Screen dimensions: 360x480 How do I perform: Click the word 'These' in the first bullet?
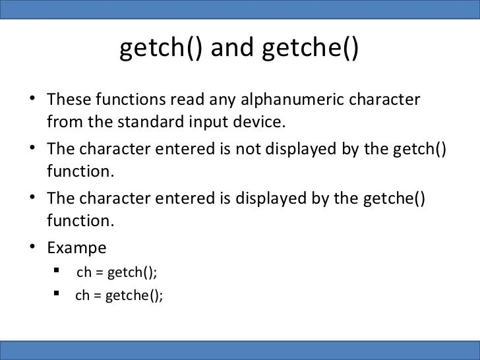pos(69,100)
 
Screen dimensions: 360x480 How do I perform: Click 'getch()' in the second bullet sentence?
pos(419,149)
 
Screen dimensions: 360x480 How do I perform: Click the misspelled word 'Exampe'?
pos(76,249)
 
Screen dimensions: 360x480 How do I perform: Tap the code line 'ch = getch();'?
pos(117,272)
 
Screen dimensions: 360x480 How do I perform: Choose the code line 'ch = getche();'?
pos(119,295)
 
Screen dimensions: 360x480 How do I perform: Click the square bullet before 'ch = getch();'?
pos(58,271)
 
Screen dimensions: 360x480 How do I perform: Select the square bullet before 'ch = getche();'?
pos(58,293)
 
